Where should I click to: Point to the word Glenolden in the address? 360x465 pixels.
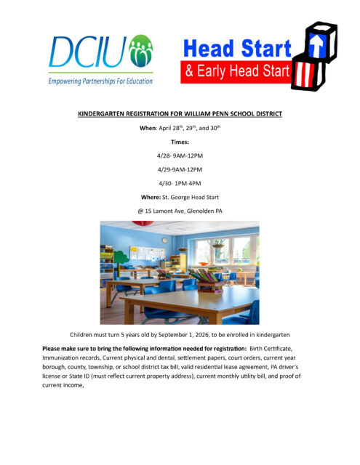(197, 211)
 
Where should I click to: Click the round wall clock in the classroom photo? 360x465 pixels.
(164, 240)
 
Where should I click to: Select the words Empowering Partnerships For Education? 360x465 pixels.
(100, 81)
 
